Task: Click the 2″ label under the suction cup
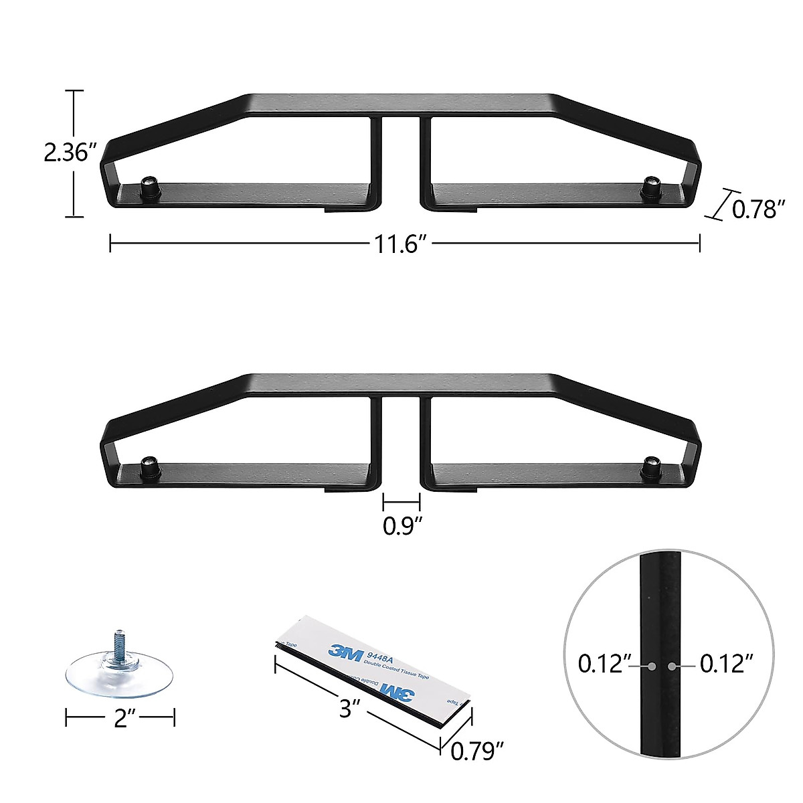[x=120, y=719]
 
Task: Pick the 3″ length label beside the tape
[x=345, y=708]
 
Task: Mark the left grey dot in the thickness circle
[x=651, y=666]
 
